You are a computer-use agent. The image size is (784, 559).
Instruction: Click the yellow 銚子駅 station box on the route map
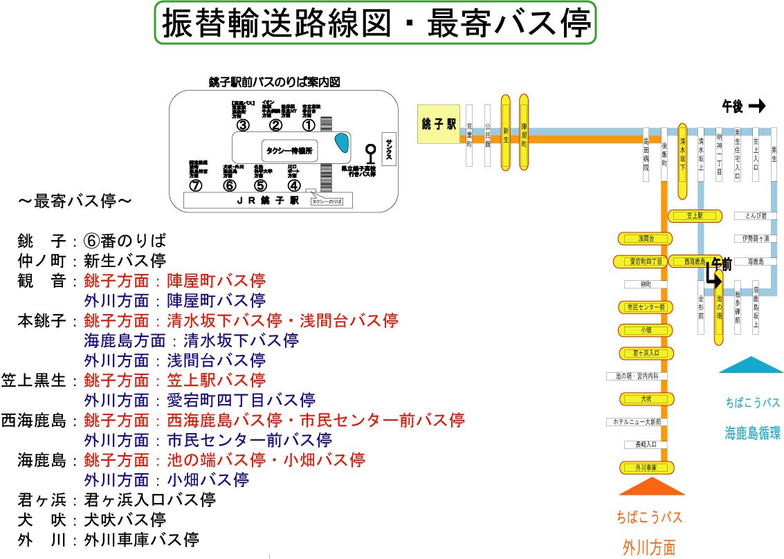[x=439, y=125]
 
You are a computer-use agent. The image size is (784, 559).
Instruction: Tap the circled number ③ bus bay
[x=242, y=125]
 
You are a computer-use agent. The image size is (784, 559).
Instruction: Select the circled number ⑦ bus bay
[x=196, y=185]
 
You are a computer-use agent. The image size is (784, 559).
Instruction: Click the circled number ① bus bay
[x=308, y=125]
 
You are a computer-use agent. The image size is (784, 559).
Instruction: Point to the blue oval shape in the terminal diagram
[x=341, y=143]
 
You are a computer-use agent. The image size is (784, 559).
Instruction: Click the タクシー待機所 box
[x=290, y=149]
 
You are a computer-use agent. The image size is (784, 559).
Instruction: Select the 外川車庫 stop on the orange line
[x=645, y=468]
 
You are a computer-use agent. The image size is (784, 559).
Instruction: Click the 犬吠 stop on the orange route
[x=645, y=399]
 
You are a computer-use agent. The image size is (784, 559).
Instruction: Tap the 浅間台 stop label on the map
[x=645, y=239]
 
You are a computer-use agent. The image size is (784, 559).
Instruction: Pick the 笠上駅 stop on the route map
[x=695, y=217]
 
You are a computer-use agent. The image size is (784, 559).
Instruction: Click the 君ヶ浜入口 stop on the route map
[x=645, y=353]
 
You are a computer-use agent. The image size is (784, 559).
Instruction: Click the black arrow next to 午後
[x=757, y=106]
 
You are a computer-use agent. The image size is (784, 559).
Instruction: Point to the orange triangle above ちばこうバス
[x=651, y=487]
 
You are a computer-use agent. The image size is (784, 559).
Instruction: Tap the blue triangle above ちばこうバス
[x=750, y=365]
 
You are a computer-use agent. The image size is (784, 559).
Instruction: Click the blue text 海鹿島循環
[x=752, y=434]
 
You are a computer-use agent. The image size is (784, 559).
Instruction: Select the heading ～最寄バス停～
[x=75, y=202]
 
